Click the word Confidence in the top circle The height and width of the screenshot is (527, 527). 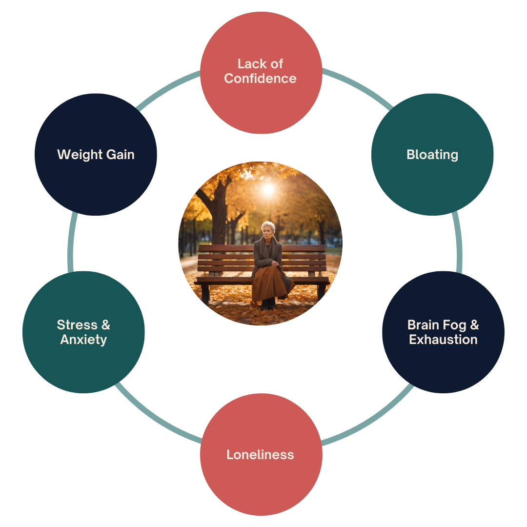tap(260, 79)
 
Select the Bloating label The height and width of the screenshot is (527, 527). tap(432, 155)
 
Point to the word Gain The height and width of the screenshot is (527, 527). tap(119, 155)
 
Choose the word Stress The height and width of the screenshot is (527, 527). tap(77, 325)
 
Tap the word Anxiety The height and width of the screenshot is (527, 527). tap(83, 340)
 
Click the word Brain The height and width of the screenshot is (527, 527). tap(423, 325)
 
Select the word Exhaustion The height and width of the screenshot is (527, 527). tap(443, 340)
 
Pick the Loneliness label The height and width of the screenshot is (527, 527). tap(260, 455)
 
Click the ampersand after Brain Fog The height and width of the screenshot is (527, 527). tap(474, 325)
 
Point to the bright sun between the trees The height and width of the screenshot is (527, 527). tap(268, 189)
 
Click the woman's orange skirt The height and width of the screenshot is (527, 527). tap(268, 283)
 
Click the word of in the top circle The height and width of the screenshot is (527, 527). tap(277, 64)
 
